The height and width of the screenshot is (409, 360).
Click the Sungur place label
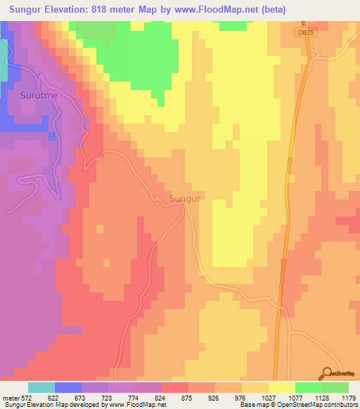coord(186,200)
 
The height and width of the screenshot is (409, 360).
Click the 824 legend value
coord(167,398)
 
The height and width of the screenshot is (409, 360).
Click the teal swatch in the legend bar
coord(41,387)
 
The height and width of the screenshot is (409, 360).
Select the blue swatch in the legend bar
coord(68,387)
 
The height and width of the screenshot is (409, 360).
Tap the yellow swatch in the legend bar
coord(282,387)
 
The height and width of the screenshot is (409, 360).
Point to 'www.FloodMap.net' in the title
coord(261,10)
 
